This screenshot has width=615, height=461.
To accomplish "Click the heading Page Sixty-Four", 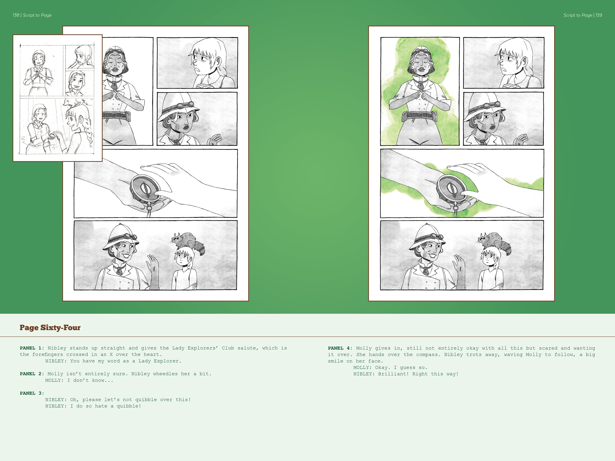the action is (50, 328).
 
